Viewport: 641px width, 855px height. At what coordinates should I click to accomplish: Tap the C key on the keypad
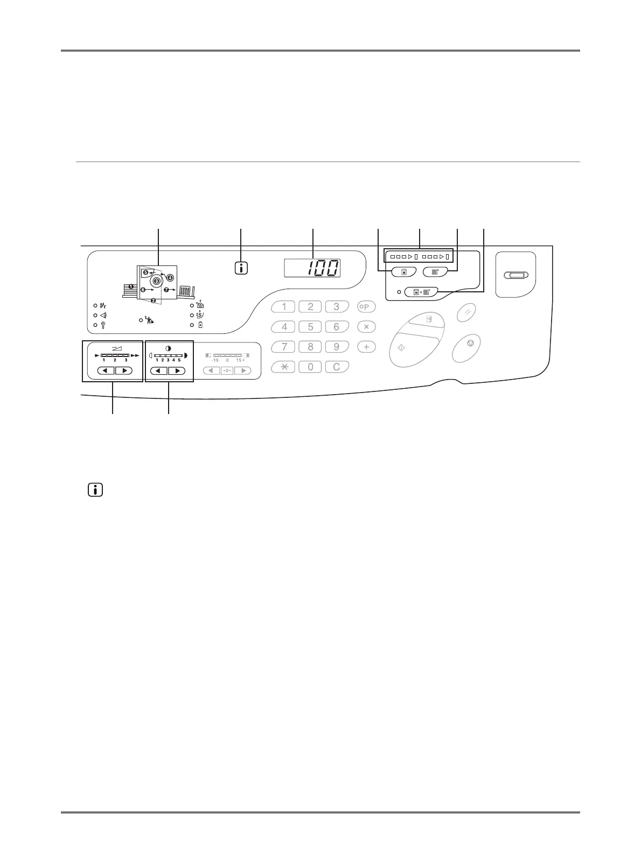(x=337, y=367)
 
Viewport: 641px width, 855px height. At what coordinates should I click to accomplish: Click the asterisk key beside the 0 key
(x=284, y=367)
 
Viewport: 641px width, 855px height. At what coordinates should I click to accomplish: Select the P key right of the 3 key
(x=366, y=307)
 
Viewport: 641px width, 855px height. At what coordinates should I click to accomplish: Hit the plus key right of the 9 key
(x=366, y=347)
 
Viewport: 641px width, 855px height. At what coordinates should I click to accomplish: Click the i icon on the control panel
(x=241, y=268)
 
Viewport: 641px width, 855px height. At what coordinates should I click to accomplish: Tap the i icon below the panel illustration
(x=95, y=490)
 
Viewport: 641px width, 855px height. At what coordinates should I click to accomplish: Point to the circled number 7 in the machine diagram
(x=166, y=290)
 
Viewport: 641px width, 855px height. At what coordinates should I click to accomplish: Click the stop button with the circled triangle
(x=471, y=343)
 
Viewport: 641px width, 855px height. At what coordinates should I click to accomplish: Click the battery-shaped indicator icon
(x=200, y=325)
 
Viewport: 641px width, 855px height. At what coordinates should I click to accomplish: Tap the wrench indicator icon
(x=102, y=325)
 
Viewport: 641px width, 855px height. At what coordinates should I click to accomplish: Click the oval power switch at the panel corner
(x=516, y=276)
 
